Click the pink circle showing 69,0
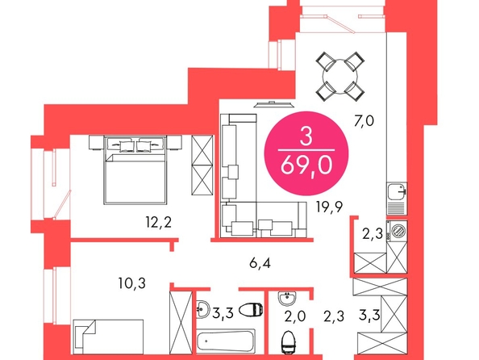pos(306,153)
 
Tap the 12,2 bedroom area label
pos(159,222)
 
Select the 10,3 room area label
pos(132,283)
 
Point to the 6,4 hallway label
pos(260,263)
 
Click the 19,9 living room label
pos(329,207)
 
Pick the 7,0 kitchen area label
pos(364,121)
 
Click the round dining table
pos(340,77)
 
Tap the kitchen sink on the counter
pos(397,191)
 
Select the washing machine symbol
pos(397,231)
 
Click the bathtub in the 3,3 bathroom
pos(226,341)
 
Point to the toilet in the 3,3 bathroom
pos(251,310)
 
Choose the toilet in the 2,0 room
pos(288,342)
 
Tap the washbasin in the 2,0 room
pos(287,299)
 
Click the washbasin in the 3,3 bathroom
pos(202,309)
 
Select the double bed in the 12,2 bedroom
pos(135,170)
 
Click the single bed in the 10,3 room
pos(108,337)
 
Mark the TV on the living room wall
pos(273,104)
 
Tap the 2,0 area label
pos(295,316)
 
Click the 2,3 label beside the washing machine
pos(373,234)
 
